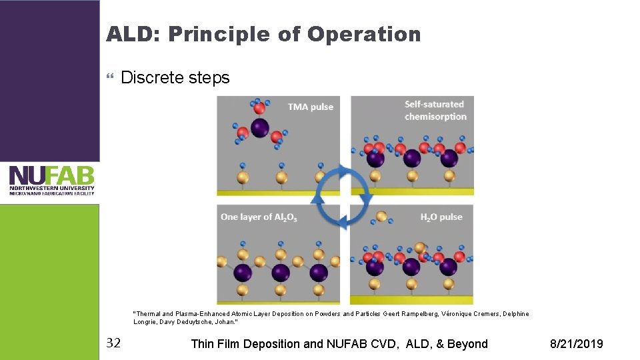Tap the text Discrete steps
tap(175, 78)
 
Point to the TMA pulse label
tap(311, 107)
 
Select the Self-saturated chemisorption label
tap(435, 110)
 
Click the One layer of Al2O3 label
tap(259, 217)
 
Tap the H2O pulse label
tap(441, 217)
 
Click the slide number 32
tap(114, 343)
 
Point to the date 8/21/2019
tap(576, 344)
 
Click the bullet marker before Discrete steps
tap(111, 79)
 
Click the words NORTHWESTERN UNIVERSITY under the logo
tap(51, 188)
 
